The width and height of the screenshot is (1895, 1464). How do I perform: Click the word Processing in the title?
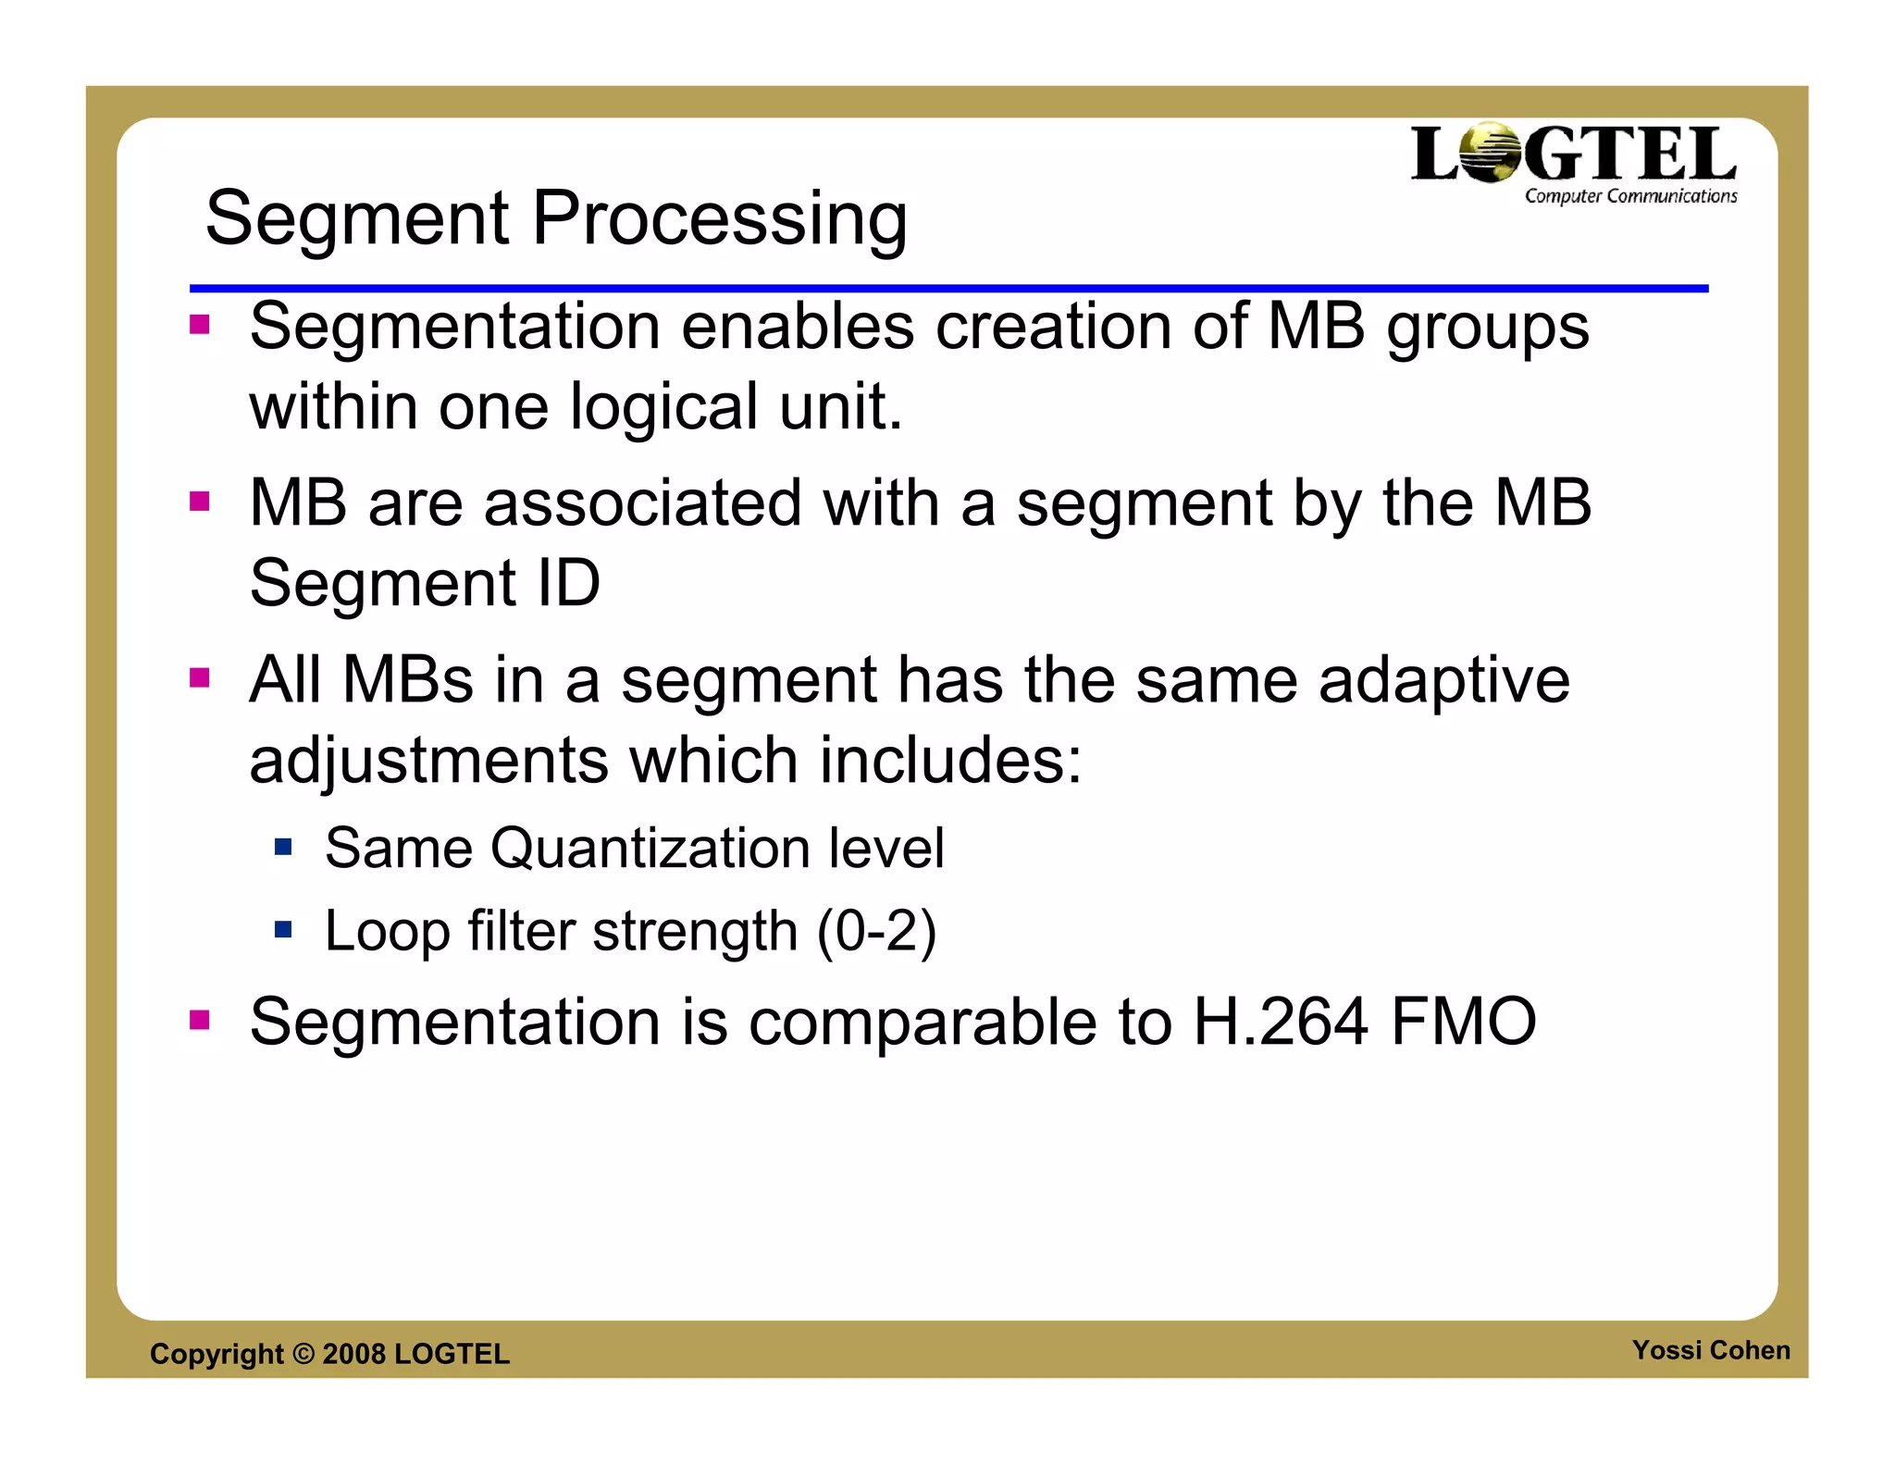coord(719,219)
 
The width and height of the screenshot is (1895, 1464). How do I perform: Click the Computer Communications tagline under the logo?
coord(1630,196)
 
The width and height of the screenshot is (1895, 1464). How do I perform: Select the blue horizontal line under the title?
coord(947,289)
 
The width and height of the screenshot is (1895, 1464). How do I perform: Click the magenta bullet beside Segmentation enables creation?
coord(200,325)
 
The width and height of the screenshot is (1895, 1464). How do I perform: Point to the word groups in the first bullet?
coord(1487,329)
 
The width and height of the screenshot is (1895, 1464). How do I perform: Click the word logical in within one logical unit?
coord(663,407)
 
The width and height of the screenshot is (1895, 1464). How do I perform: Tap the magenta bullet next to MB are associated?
coord(200,502)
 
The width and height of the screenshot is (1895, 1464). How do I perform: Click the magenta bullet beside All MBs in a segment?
coord(200,678)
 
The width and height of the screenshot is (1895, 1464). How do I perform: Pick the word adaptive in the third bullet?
coord(1443,682)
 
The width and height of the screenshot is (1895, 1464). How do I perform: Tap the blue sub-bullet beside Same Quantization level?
coord(283,847)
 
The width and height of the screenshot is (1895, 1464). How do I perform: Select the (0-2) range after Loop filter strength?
coord(876,931)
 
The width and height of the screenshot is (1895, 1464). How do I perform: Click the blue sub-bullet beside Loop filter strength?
coord(283,928)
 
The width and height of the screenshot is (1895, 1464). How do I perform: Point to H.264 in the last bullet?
coord(1281,1022)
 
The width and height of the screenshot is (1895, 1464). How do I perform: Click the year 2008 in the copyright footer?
coord(353,1354)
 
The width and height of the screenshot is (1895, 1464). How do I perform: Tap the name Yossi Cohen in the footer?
coord(1710,1350)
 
